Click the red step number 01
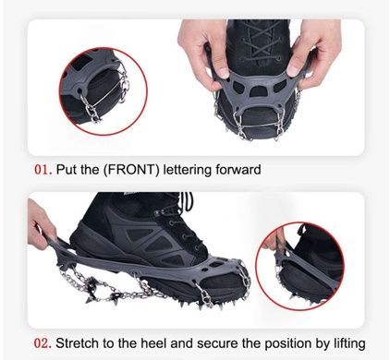(x=43, y=170)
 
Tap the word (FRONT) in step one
(x=129, y=170)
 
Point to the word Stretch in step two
(x=79, y=343)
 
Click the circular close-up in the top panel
(x=104, y=91)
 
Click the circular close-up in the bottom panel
(x=299, y=266)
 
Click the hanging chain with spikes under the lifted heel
(x=102, y=284)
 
